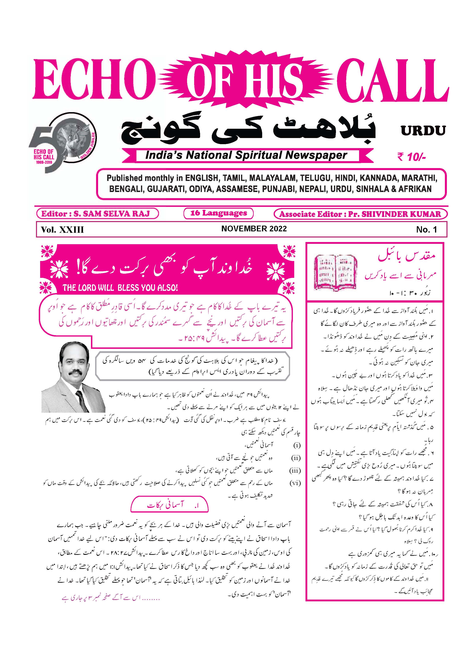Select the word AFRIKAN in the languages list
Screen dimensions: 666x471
415,189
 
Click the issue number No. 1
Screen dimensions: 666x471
426,230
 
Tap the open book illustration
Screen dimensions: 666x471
336,272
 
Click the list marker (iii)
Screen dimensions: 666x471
295,470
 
